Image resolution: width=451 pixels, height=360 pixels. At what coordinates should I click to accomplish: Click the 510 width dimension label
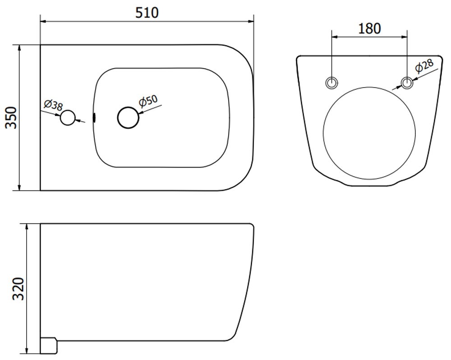pyautogui.click(x=147, y=13)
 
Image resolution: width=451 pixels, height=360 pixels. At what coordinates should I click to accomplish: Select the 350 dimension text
pyautogui.click(x=12, y=117)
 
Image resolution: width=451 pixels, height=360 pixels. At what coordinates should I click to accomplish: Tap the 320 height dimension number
pyautogui.click(x=18, y=289)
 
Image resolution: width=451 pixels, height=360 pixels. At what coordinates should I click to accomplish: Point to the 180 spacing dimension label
pyautogui.click(x=370, y=28)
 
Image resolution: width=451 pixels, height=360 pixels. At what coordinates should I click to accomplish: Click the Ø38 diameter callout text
pyautogui.click(x=53, y=105)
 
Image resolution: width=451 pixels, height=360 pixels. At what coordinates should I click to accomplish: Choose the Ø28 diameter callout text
pyautogui.click(x=424, y=65)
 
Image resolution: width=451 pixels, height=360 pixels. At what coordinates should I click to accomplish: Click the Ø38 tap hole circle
pyautogui.click(x=68, y=118)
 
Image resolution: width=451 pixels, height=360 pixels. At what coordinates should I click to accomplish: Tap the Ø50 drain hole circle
pyautogui.click(x=128, y=117)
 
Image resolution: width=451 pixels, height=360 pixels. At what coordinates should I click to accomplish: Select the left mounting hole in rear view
pyautogui.click(x=331, y=83)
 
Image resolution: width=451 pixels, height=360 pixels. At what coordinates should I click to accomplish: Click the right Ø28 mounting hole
pyautogui.click(x=407, y=83)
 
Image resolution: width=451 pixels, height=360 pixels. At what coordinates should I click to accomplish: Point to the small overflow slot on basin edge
pyautogui.click(x=94, y=117)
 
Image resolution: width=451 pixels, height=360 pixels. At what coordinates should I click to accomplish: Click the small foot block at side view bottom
pyautogui.click(x=49, y=345)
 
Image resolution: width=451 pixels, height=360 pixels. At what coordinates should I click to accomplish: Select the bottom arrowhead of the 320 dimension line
pyautogui.click(x=27, y=350)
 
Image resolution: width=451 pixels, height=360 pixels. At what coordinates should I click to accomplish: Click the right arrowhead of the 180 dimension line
pyautogui.click(x=404, y=37)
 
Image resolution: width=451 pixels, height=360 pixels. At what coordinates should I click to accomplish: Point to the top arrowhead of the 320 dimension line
pyautogui.click(x=27, y=227)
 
